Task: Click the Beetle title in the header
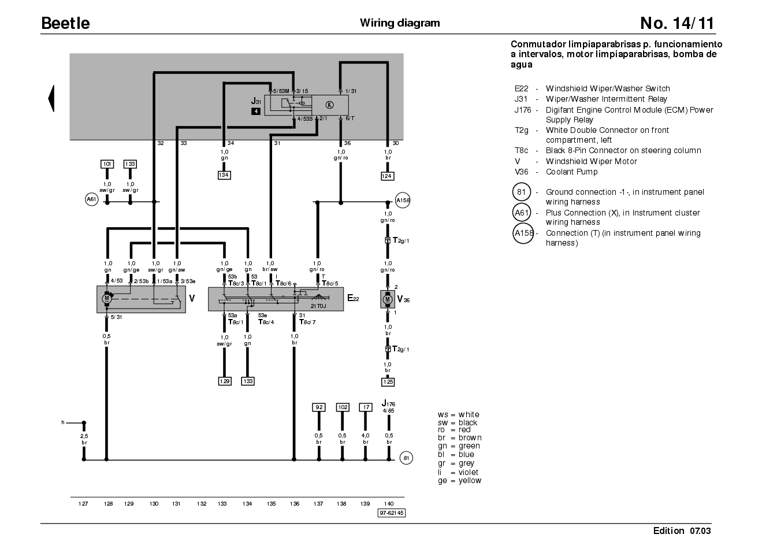(x=65, y=23)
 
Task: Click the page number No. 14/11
(x=677, y=23)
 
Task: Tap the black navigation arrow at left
(x=51, y=99)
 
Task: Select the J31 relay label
(x=256, y=101)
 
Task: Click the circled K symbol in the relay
(x=329, y=105)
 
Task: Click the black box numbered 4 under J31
(x=256, y=112)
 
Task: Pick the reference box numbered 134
(x=224, y=175)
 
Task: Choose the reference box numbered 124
(x=387, y=176)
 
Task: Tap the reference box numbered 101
(x=107, y=164)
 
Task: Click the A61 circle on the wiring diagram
(x=92, y=199)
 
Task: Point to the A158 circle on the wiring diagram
(x=403, y=200)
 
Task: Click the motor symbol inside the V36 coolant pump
(x=388, y=299)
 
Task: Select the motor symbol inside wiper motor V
(x=107, y=298)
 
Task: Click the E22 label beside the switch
(x=353, y=298)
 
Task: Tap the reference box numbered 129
(x=225, y=381)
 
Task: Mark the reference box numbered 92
(x=319, y=407)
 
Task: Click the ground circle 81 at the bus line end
(x=406, y=458)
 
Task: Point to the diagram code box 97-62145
(x=392, y=513)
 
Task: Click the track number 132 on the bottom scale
(x=202, y=504)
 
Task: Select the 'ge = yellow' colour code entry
(x=460, y=481)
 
